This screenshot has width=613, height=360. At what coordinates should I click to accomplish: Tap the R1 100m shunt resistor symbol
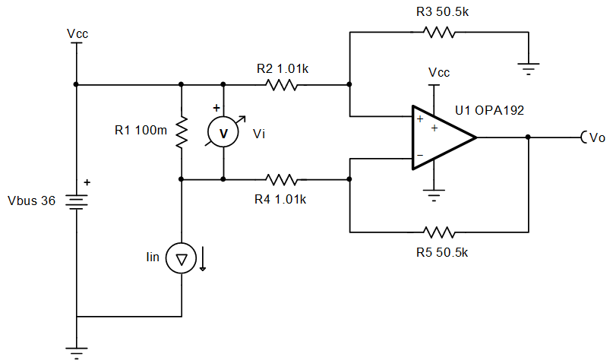pos(182,132)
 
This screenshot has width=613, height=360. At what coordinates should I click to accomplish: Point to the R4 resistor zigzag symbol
pos(282,180)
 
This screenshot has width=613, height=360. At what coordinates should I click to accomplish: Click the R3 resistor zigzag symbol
pos(438,33)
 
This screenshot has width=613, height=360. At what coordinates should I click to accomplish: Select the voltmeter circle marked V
pos(223,132)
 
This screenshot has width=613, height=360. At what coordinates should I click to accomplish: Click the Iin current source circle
pos(182,260)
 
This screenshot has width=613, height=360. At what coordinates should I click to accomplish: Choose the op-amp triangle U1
pos(441,137)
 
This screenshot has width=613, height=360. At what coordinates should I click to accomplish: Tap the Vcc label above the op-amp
pos(438,73)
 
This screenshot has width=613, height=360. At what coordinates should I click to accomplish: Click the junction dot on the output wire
pos(528,137)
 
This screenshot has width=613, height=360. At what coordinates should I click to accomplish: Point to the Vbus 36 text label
pos(31,203)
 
